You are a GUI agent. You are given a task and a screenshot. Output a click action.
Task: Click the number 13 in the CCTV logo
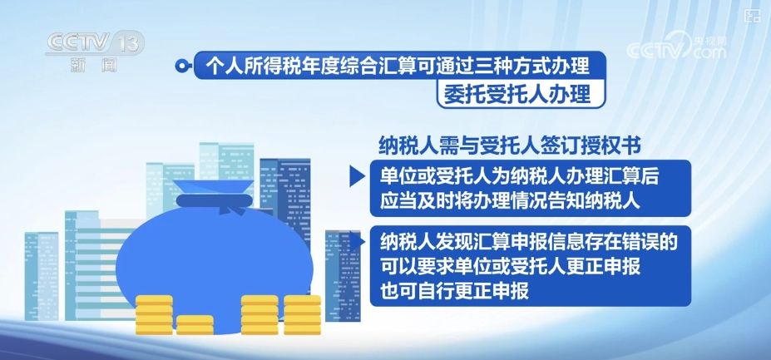click(129, 43)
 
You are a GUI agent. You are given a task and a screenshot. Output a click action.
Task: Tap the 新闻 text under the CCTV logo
click(94, 64)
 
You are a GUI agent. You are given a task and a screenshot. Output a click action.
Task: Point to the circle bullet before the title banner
click(181, 66)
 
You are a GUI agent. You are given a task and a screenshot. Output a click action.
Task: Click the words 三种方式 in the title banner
click(494, 65)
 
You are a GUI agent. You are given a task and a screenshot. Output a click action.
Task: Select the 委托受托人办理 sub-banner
click(521, 93)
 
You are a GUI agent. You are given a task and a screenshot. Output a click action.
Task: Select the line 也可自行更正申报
click(454, 291)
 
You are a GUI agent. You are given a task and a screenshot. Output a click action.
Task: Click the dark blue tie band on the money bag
click(215, 200)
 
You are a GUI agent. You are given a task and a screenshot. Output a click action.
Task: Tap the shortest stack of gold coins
click(195, 325)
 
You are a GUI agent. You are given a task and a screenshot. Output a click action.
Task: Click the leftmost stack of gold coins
click(154, 315)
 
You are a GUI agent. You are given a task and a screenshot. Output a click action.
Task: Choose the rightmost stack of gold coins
click(303, 315)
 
